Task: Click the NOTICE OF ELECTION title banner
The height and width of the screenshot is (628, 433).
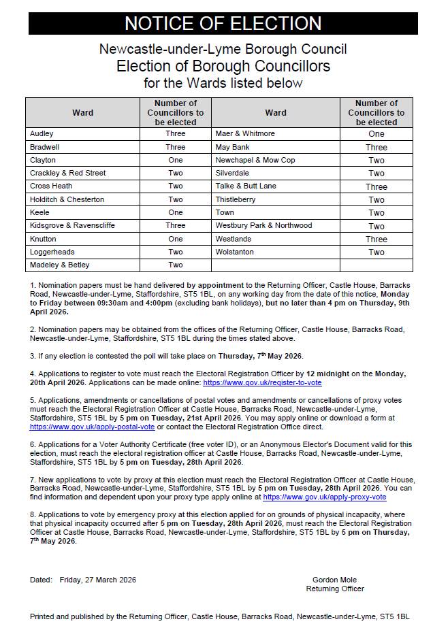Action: [x=223, y=24]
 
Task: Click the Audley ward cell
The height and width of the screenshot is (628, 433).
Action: [x=42, y=134]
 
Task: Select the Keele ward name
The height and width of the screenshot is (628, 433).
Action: [x=40, y=212]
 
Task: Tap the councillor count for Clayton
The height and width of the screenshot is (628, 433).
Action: [x=175, y=160]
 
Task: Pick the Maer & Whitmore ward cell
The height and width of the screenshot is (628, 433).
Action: [x=245, y=134]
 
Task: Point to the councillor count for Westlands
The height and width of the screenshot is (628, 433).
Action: [x=376, y=239]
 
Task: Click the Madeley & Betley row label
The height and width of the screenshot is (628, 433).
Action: [x=60, y=265]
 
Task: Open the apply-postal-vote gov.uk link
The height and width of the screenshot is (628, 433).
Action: [x=93, y=427]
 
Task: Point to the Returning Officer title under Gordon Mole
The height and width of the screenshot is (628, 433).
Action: [x=334, y=589]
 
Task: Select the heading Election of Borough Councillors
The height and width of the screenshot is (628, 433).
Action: [x=223, y=66]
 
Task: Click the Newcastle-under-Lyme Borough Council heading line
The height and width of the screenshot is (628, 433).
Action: [x=223, y=50]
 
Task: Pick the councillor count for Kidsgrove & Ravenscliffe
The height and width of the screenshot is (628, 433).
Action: [x=175, y=225]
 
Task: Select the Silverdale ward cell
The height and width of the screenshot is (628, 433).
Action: [x=233, y=173]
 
